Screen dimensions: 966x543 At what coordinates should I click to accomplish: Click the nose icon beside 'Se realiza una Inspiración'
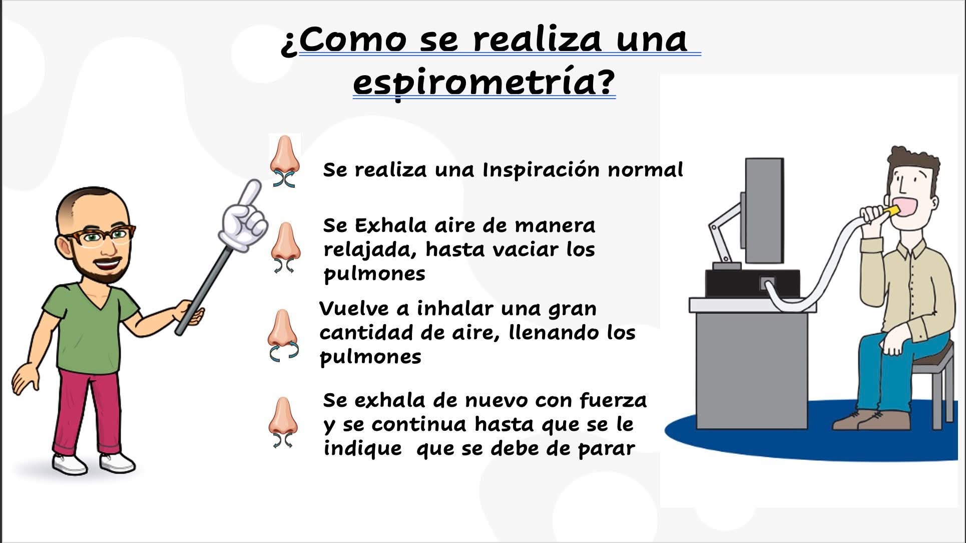coord(284,161)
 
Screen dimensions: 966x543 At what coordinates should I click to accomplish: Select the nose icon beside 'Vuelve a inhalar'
coord(283,335)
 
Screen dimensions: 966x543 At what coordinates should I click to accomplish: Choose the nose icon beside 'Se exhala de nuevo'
coord(283,422)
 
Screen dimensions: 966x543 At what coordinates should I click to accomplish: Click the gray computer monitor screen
coord(764,210)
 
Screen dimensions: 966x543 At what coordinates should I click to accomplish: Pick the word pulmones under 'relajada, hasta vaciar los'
coord(374,274)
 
